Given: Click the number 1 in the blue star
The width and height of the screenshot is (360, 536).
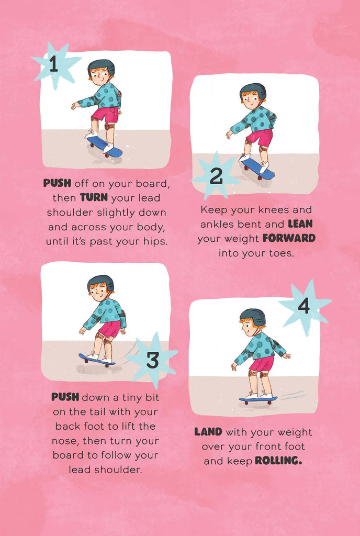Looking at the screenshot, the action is [x=53, y=64].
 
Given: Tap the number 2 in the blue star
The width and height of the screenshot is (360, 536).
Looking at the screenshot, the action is [x=216, y=176].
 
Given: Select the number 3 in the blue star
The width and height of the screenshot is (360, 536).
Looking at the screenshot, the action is [x=153, y=360].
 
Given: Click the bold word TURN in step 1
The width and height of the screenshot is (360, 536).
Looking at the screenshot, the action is [x=94, y=197].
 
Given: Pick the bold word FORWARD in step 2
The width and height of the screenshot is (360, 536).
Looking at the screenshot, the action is [x=289, y=238].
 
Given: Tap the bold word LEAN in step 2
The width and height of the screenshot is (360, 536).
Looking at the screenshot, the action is [x=300, y=224].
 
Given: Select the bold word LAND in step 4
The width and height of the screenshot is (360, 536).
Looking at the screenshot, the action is [x=208, y=432].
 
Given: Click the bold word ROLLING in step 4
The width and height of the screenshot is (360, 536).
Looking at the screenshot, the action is [x=278, y=461].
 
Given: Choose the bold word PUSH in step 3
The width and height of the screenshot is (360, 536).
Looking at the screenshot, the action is [x=65, y=397].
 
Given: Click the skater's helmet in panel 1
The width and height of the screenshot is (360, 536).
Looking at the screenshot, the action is [x=101, y=67].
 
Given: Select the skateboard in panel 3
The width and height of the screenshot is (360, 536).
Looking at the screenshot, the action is [x=97, y=360].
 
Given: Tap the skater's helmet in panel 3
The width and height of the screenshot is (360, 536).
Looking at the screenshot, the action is [x=100, y=283].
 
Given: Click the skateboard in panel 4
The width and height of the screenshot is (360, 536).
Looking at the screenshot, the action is [x=258, y=400].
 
